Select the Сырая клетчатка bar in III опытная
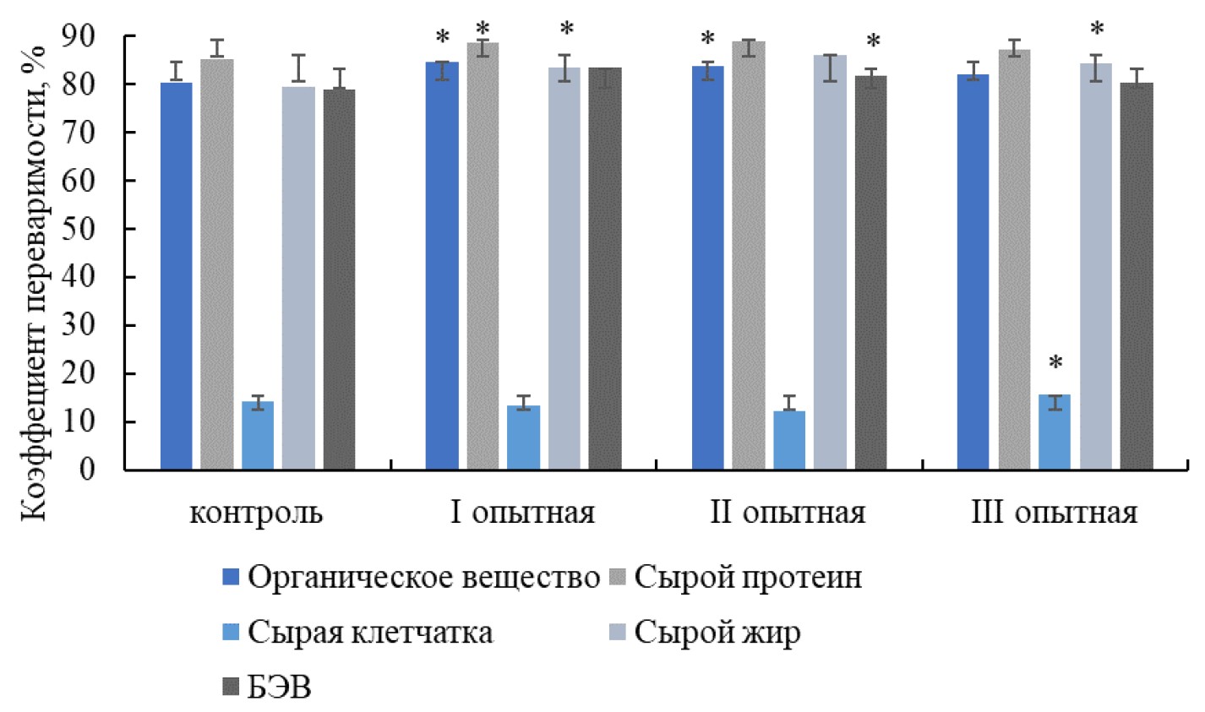coord(1055,432)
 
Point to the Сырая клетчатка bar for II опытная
coord(788,440)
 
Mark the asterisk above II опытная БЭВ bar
coord(873,42)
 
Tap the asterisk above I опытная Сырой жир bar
coord(566,30)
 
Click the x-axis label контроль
coord(256,513)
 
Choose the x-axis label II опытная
coord(788,513)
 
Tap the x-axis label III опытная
coord(1054,513)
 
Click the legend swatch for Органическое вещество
coord(231,579)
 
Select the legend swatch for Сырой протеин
coord(618,579)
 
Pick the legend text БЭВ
coord(280,688)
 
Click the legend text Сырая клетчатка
coord(370,633)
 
